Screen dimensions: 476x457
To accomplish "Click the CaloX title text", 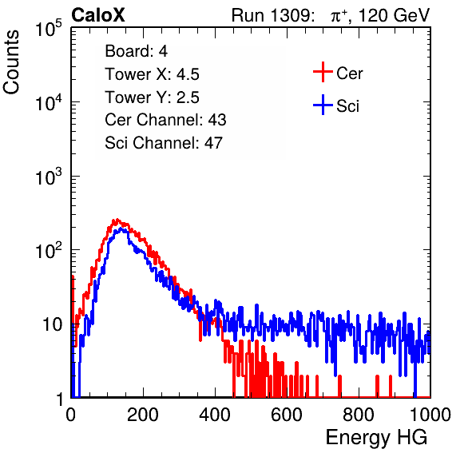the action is [x=98, y=15].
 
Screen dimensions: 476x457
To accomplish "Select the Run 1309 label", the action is [x=272, y=15].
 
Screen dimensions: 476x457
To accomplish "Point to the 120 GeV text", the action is [x=395, y=15].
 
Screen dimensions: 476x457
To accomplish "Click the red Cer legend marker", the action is [x=323, y=72].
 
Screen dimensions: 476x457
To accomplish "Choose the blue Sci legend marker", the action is [x=323, y=105].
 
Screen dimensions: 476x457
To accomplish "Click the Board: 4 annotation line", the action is [x=136, y=51].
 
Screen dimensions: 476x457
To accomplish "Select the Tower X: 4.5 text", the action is [x=152, y=74].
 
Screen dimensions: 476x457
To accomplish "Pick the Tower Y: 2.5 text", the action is [x=152, y=97].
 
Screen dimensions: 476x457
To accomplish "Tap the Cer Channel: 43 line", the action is [x=165, y=120].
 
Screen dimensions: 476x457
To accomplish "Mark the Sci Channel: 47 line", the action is [x=164, y=143].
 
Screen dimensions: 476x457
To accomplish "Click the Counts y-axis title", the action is [x=11, y=62].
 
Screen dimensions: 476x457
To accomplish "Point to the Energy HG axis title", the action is [x=376, y=437].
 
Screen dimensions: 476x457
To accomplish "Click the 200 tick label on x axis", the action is [x=143, y=414].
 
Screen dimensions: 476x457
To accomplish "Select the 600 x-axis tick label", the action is [x=287, y=414].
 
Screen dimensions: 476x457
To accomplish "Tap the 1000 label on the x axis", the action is [x=430, y=414].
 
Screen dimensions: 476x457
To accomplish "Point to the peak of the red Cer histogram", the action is [x=117, y=219].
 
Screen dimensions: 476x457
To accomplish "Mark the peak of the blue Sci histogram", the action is [x=121, y=228].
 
